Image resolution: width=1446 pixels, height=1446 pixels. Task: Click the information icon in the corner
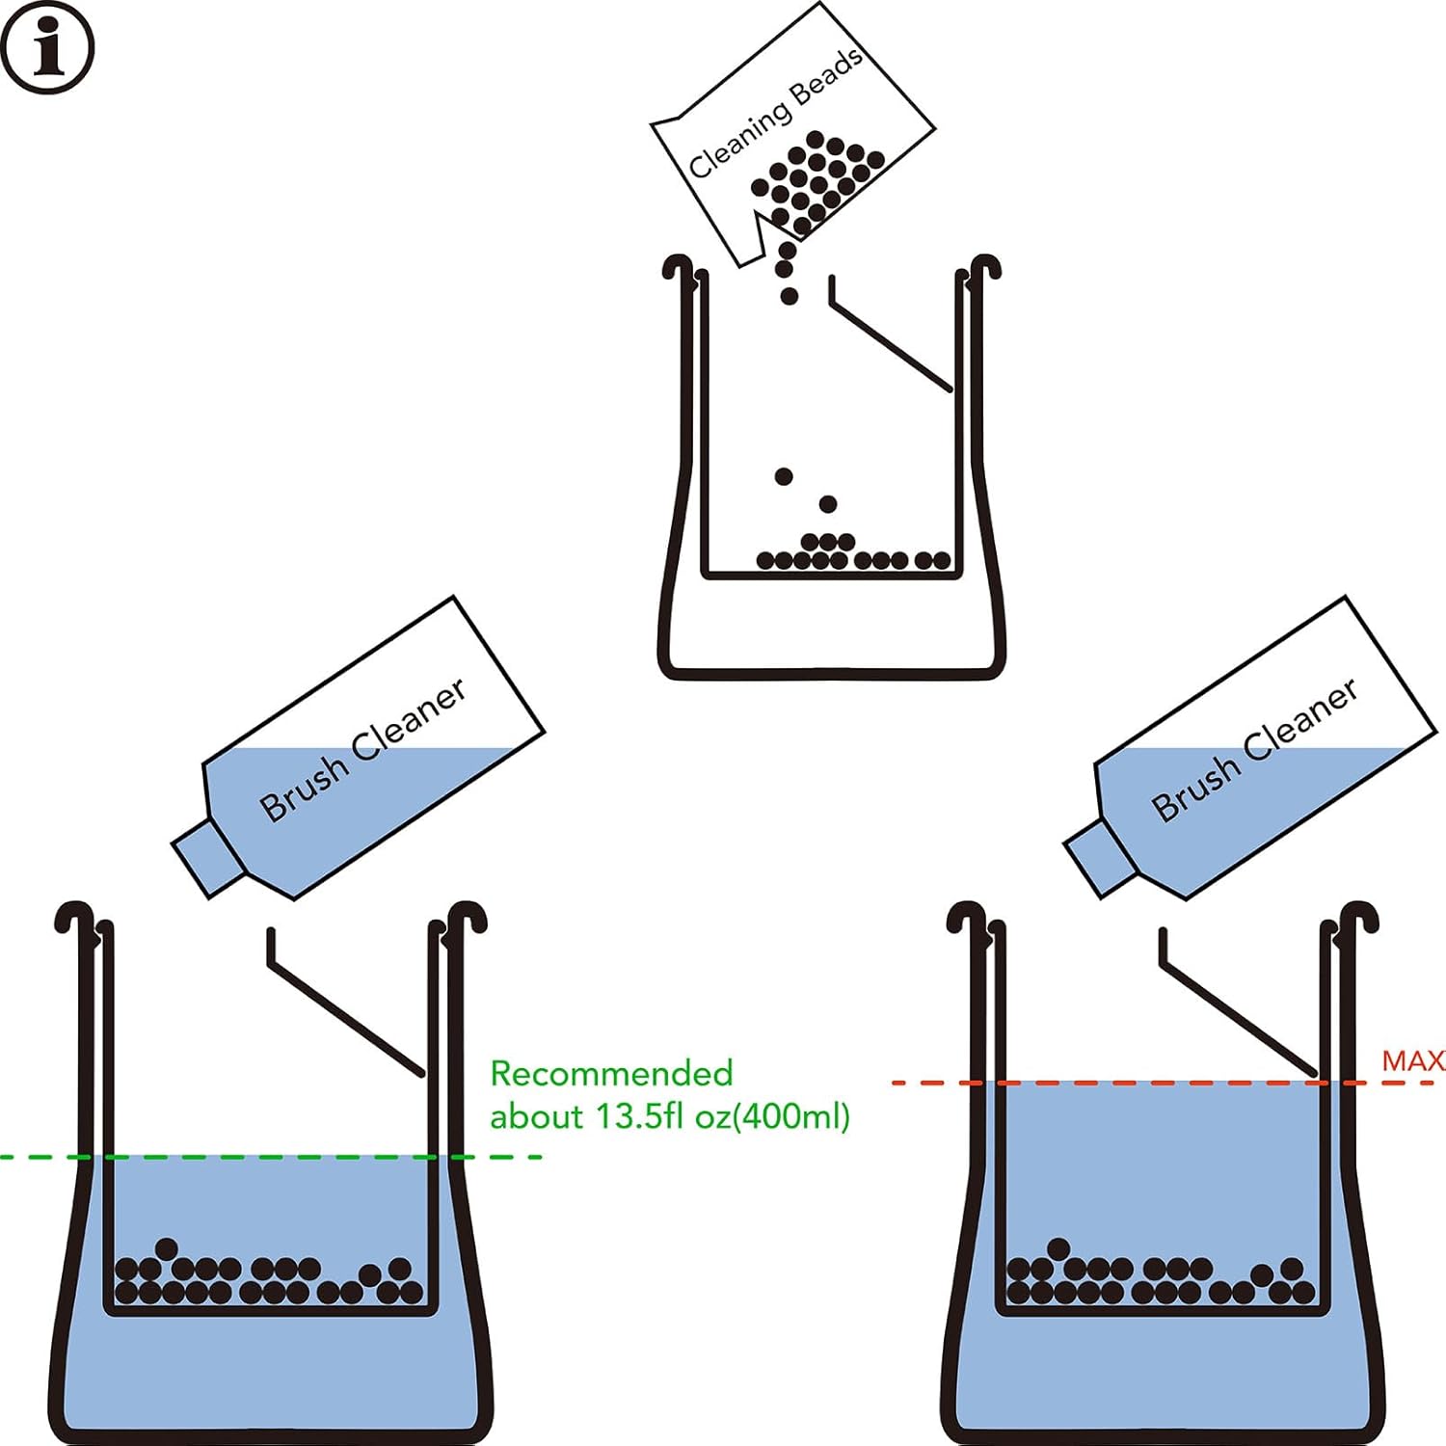click(47, 47)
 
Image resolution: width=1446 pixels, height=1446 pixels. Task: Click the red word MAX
click(1412, 1061)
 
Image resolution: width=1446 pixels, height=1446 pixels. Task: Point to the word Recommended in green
click(611, 1073)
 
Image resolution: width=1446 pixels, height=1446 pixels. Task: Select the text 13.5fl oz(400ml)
click(722, 1116)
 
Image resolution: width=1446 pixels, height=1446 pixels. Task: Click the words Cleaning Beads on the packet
click(775, 114)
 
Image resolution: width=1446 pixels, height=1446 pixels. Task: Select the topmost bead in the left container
click(167, 1249)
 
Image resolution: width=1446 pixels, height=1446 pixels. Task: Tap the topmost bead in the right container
click(1058, 1249)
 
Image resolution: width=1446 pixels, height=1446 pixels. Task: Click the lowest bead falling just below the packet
click(790, 296)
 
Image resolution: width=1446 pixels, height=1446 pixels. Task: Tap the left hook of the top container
click(679, 267)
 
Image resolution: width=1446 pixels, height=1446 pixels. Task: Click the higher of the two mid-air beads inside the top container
click(784, 476)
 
